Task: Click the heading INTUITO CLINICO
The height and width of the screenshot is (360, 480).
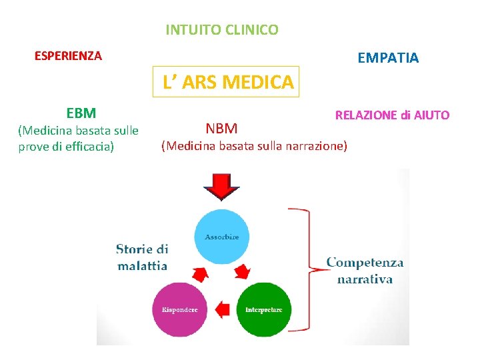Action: pyautogui.click(x=222, y=30)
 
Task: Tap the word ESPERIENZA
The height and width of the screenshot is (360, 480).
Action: pyautogui.click(x=68, y=56)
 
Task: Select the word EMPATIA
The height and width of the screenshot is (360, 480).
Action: pyautogui.click(x=388, y=58)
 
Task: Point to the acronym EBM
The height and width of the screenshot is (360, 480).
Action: pyautogui.click(x=81, y=113)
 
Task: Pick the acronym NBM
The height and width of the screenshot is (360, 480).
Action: pyautogui.click(x=221, y=127)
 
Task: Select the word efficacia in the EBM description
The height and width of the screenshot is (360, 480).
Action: pyautogui.click(x=86, y=147)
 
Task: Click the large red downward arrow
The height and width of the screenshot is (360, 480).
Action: pyautogui.click(x=221, y=187)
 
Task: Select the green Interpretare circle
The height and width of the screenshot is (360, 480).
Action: pyautogui.click(x=264, y=310)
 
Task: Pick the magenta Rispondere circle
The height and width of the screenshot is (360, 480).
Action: pyautogui.click(x=179, y=310)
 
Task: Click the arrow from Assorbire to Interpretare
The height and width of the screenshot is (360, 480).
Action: pyautogui.click(x=243, y=271)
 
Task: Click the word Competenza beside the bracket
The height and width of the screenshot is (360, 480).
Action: pyautogui.click(x=365, y=263)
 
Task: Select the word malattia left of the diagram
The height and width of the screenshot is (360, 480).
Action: pyautogui.click(x=142, y=265)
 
